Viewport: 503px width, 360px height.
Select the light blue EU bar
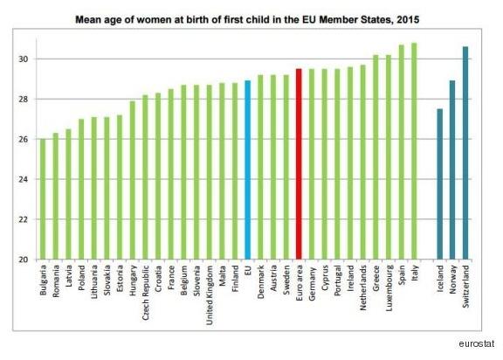(x=248, y=170)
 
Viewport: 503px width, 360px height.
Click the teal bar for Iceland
(x=438, y=184)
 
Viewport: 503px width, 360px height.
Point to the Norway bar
(x=451, y=170)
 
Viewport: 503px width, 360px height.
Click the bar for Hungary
(x=133, y=181)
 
